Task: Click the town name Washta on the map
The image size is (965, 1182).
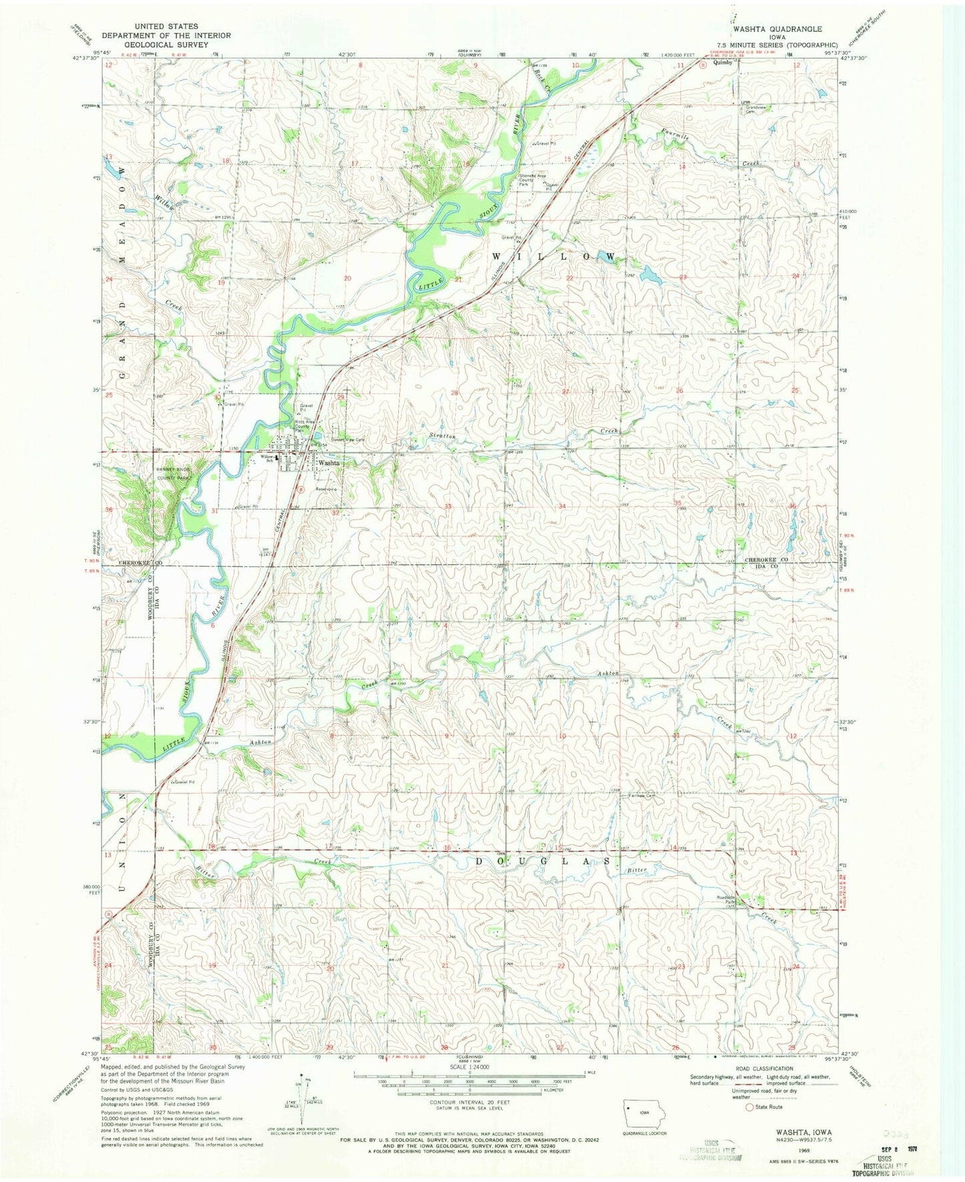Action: click(329, 462)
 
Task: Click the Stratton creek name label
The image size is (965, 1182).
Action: click(441, 436)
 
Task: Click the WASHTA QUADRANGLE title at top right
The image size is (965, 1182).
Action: click(777, 29)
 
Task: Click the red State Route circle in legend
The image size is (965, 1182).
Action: click(749, 1107)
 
